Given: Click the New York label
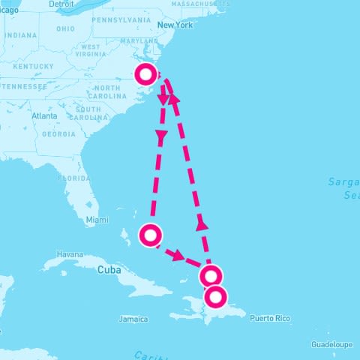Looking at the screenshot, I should pos(175,25).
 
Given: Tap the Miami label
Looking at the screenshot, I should pos(97,220).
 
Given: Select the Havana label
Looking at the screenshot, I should pos(70,253).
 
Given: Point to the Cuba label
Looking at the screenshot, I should pos(109,269).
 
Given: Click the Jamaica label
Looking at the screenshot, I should pos(133,319).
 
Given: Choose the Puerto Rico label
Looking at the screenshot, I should pos(270,319).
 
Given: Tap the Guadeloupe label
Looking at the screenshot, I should pos(331,344).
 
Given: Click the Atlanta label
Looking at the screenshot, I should pos(44,115).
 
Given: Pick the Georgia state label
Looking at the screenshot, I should pos(58,134).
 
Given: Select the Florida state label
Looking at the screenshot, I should pos(77,178).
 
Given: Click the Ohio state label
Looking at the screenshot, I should pos(65,28).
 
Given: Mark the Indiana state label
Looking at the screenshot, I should pos(21,35).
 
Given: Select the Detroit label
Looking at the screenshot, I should pos(61,4).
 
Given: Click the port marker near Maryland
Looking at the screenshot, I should pos(145,73).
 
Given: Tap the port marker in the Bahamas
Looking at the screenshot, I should pos(151,235).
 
